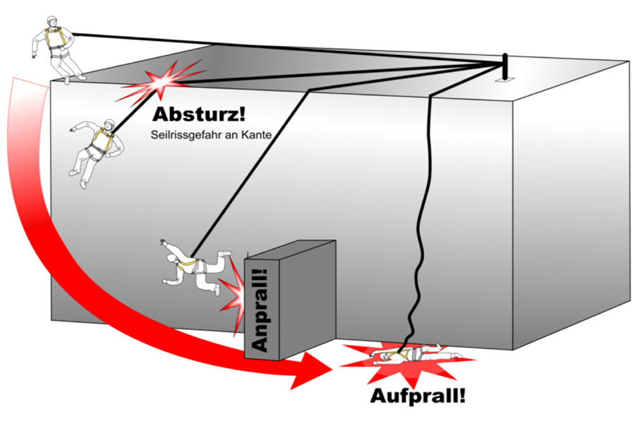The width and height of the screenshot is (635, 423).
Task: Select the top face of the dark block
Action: point(289,249)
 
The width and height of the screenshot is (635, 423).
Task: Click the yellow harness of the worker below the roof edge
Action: point(99,145)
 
